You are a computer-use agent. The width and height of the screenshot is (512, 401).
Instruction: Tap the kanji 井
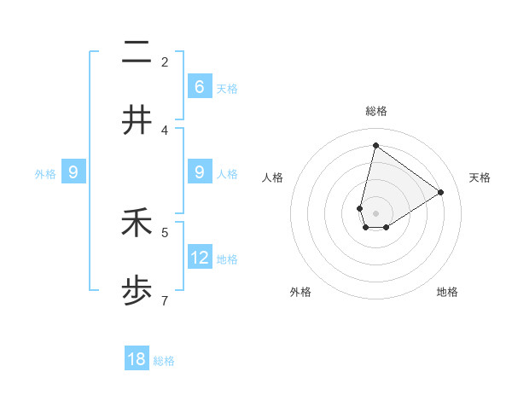click(x=137, y=120)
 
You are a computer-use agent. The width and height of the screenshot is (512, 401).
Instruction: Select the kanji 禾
click(x=137, y=224)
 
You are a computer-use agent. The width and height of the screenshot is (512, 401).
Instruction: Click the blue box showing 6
click(x=200, y=86)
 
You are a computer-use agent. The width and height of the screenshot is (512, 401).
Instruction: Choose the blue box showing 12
click(x=200, y=257)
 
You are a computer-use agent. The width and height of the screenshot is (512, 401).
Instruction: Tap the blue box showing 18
click(x=137, y=359)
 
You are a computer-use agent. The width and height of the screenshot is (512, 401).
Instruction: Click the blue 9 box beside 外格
click(x=73, y=172)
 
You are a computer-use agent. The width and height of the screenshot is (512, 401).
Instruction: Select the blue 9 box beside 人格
click(x=200, y=172)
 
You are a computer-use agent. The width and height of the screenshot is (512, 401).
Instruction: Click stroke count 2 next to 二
click(x=165, y=61)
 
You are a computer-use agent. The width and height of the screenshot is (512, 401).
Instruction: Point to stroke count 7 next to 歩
click(x=165, y=300)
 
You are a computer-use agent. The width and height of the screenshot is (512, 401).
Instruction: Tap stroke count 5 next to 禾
click(x=165, y=232)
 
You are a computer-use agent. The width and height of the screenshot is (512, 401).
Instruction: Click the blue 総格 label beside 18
click(x=164, y=361)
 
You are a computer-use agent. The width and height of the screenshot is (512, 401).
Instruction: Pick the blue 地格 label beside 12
click(x=227, y=259)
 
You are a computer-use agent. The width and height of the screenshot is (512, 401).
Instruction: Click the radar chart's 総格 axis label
click(x=375, y=111)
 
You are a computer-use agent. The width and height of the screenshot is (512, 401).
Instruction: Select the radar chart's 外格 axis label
click(x=300, y=292)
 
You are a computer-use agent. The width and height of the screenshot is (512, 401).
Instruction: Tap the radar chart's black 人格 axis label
click(x=273, y=177)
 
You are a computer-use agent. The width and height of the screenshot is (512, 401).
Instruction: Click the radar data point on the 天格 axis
click(x=441, y=192)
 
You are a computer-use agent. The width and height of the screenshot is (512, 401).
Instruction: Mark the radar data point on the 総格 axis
click(x=375, y=145)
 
